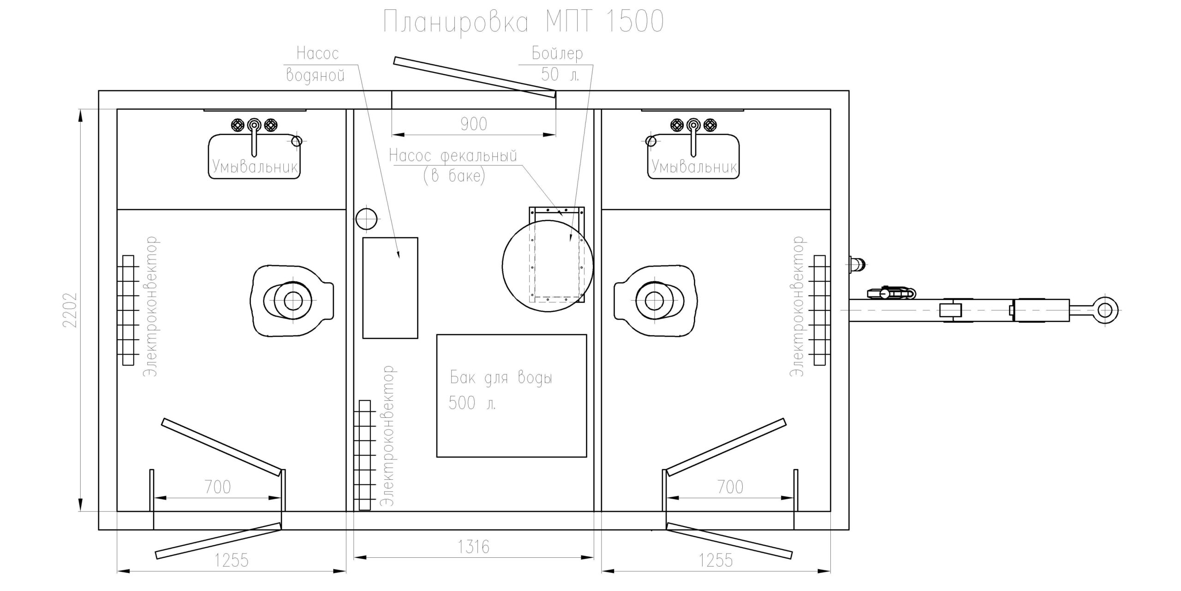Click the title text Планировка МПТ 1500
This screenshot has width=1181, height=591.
coord(524,22)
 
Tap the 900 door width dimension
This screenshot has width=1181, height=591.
coord(474,124)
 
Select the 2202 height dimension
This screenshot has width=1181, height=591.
coord(70,310)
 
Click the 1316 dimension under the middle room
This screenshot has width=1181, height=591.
coord(473,547)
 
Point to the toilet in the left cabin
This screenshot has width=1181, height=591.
coord(292,301)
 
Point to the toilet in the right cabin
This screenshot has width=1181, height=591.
coord(654,301)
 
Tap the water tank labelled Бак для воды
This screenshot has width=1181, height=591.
coord(512,396)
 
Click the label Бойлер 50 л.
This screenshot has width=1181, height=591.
coord(558,64)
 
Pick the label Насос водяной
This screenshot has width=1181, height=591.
coord(316,64)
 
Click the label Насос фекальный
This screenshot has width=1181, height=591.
coord(453,156)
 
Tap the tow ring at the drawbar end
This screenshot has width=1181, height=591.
coord(1105,310)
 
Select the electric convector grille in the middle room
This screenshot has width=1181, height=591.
coord(364,455)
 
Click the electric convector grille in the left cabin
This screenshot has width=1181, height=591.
coord(128,310)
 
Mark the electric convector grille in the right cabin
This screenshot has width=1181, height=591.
coord(819,310)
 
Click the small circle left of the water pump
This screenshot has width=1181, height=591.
coord(366,219)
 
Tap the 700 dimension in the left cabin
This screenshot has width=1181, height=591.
coord(217,487)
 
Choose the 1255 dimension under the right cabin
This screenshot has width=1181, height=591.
coord(716,561)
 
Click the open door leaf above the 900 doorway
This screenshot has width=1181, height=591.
coord(474,77)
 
